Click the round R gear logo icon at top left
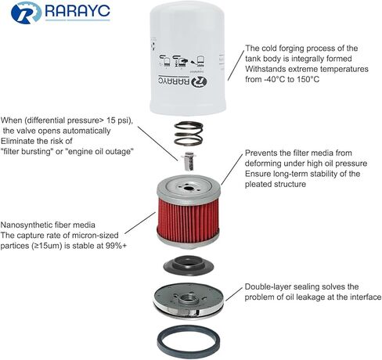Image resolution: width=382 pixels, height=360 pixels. (26, 13)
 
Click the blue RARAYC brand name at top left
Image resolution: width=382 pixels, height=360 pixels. (77, 11)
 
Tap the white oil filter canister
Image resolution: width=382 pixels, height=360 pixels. (187, 58)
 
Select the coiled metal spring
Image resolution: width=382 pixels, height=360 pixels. (189, 133)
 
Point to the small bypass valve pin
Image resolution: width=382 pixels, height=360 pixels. (188, 160)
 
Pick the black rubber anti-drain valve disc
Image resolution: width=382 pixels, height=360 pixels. (189, 265)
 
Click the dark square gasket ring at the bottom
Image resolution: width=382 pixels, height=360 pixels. (189, 341)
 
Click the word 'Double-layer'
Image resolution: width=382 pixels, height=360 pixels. (268, 287)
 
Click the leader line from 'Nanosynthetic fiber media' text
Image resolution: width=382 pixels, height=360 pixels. (140, 223)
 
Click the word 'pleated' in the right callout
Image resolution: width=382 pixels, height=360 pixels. (258, 185)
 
